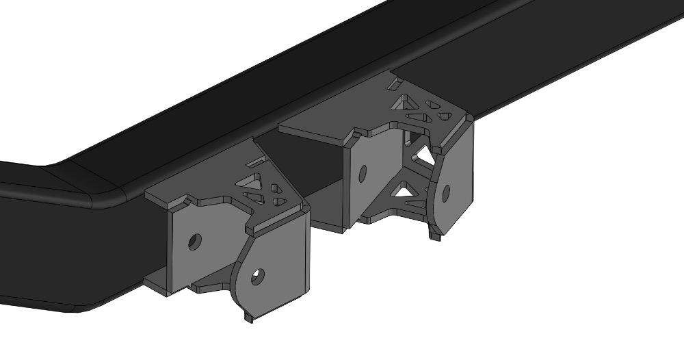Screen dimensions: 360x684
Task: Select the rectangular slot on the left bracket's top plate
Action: point(253,163)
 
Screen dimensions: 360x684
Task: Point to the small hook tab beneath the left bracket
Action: point(247,318)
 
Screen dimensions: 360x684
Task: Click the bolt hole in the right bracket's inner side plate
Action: point(363,172)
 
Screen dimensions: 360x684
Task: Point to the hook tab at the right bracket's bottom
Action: point(435,236)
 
